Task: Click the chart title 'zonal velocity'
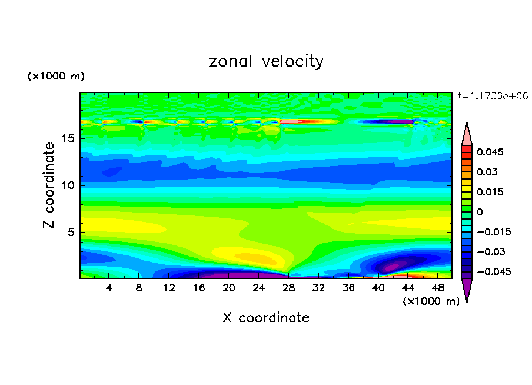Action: click(x=266, y=61)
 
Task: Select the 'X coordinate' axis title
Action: click(x=266, y=318)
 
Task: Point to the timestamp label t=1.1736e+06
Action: click(x=493, y=95)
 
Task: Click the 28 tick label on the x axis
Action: click(x=288, y=288)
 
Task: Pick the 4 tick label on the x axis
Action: click(x=109, y=288)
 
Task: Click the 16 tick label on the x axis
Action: click(x=199, y=288)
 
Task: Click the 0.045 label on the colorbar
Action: click(x=490, y=152)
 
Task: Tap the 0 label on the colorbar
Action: click(x=480, y=212)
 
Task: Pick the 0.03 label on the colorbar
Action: click(x=487, y=172)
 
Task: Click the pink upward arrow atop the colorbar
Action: click(x=467, y=134)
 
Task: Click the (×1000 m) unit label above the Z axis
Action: click(x=56, y=77)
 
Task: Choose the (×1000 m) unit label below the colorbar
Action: click(x=431, y=301)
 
